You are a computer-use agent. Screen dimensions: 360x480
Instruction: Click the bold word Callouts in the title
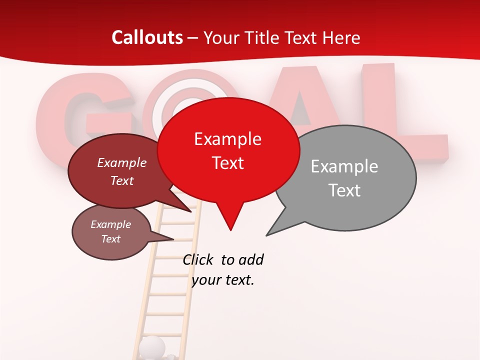(147, 37)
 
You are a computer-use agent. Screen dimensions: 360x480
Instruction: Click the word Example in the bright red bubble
(227, 139)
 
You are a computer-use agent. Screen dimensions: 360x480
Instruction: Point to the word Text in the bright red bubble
(228, 163)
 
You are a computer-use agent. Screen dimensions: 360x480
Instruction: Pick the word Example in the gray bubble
(344, 166)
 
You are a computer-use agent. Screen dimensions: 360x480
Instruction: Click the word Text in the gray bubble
(344, 190)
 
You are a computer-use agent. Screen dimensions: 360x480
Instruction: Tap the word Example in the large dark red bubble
(121, 162)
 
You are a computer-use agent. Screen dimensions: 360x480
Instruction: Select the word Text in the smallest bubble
(111, 239)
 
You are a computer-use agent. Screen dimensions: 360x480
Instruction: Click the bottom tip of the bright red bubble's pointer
(230, 230)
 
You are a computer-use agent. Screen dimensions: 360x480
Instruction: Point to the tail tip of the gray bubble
(267, 235)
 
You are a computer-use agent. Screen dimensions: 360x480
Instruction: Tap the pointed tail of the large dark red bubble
(191, 211)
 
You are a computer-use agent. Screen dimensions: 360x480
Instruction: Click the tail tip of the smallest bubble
(173, 239)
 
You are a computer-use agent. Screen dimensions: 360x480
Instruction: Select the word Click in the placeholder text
(199, 259)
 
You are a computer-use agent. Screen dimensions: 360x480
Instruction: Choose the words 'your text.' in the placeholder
(223, 280)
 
